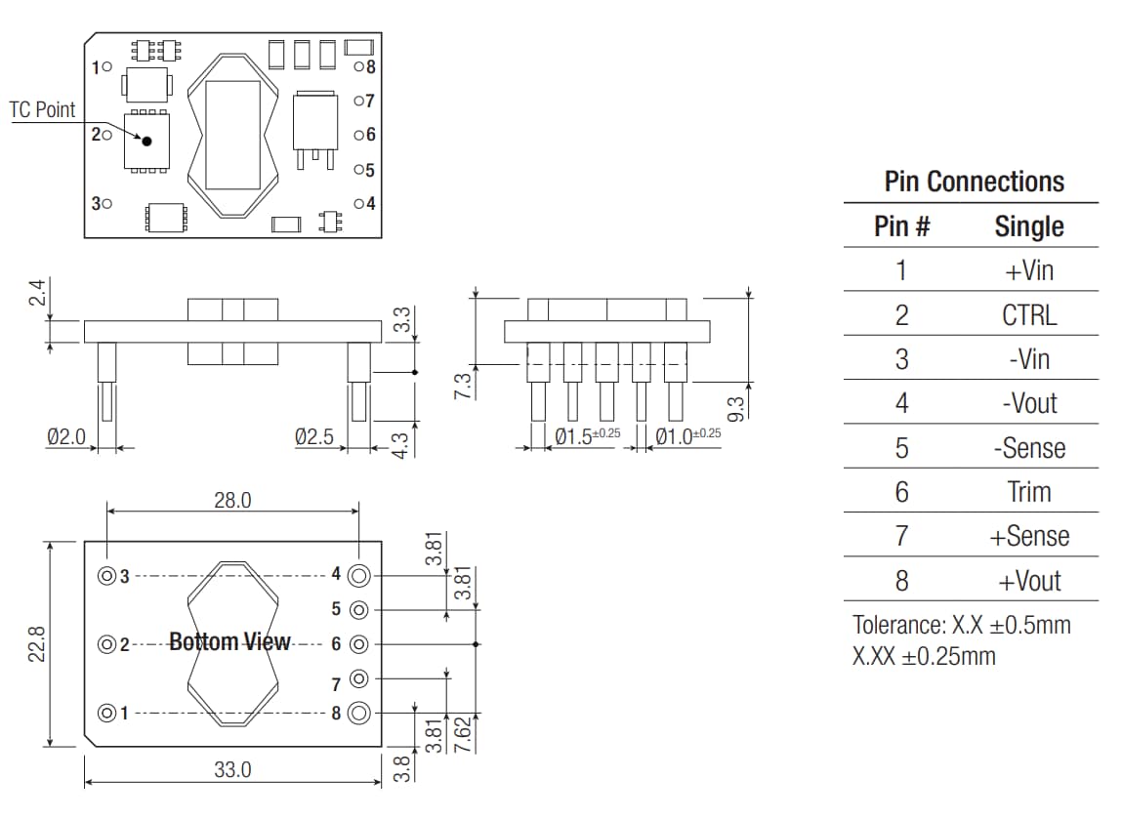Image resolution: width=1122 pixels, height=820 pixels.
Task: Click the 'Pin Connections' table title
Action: coord(974,182)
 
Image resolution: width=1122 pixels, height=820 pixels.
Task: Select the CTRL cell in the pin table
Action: coord(1029,315)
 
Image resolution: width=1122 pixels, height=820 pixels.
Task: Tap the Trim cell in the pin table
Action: coord(1029,492)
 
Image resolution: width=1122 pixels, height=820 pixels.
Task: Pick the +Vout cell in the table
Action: coord(1029,581)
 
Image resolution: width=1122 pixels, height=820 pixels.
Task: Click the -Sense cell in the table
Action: coord(1029,448)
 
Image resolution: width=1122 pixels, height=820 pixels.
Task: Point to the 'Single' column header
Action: coord(1029,226)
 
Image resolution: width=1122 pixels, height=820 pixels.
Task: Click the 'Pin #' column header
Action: coord(901,226)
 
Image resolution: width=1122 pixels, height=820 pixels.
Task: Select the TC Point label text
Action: coord(42,110)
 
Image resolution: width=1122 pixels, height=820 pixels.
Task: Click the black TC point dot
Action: coord(147,141)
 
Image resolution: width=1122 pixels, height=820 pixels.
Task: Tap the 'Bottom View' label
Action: coord(229,641)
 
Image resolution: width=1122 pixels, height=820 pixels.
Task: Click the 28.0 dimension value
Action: coord(232,500)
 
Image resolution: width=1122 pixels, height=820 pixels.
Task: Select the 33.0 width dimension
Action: coord(232,769)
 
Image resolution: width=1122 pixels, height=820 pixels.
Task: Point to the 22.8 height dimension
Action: coord(37,644)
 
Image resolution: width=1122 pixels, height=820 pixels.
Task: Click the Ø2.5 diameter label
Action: coord(313,437)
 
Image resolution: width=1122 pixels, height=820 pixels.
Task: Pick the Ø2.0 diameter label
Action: coord(66,437)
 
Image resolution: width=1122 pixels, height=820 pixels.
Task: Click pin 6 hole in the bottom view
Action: coord(358,644)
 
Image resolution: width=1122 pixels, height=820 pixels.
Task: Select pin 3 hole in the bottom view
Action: coord(105,576)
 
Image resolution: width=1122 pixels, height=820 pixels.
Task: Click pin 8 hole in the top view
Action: coord(358,67)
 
